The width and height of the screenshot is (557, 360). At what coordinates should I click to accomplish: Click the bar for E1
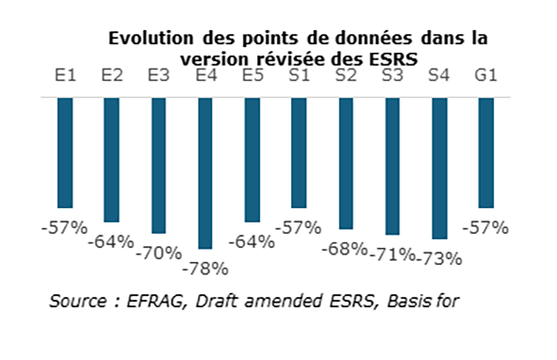(65, 152)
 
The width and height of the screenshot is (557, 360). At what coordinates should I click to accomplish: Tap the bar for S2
(345, 162)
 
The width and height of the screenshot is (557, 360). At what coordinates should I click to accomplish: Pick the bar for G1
(485, 152)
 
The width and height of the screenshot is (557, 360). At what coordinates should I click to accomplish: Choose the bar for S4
(439, 168)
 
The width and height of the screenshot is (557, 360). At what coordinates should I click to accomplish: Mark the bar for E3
(158, 165)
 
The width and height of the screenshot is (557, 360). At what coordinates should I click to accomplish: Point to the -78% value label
(205, 269)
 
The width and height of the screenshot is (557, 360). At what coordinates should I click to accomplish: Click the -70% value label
(158, 253)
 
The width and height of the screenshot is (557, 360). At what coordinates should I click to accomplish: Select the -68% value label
(345, 249)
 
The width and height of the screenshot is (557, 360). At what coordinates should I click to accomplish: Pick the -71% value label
(392, 254)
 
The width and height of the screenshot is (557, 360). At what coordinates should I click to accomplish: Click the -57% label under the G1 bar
(485, 227)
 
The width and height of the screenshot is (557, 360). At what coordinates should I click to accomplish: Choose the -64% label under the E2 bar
(112, 241)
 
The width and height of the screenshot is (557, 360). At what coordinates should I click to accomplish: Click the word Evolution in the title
(153, 39)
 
